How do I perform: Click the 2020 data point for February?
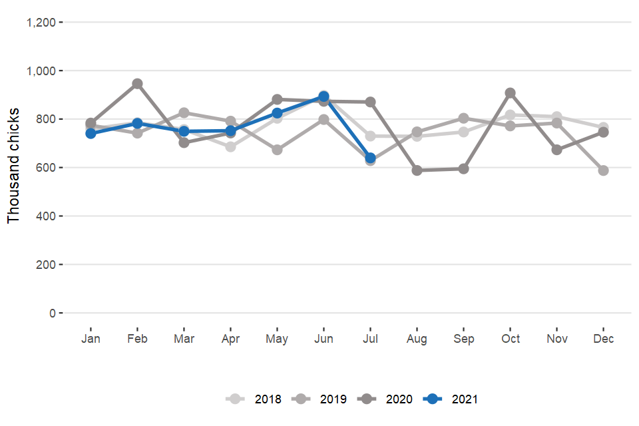(137, 84)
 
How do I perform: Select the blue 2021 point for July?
(370, 158)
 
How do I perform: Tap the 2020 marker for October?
(510, 93)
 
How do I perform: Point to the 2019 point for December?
(603, 170)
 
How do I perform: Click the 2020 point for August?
(417, 170)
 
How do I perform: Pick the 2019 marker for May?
(277, 150)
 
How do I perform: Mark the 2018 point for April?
(230, 146)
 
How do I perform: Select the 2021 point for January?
(91, 133)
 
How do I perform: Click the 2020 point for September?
(463, 169)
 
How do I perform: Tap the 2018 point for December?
(603, 127)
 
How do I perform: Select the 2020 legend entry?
(386, 399)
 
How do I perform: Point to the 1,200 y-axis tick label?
(41, 23)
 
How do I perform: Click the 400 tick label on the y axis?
(47, 216)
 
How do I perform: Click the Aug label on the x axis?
(417, 339)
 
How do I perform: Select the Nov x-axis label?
(556, 339)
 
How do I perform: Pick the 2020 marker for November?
(556, 150)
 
